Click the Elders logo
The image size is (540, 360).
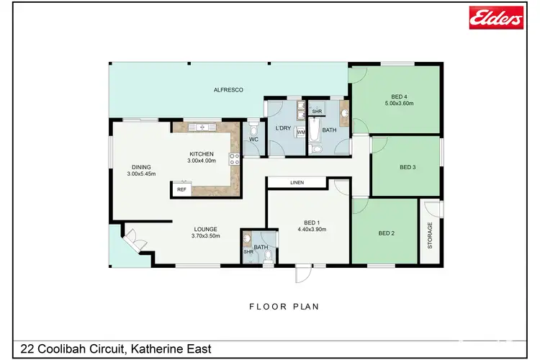[495, 18]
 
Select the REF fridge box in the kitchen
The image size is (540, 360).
[181, 189]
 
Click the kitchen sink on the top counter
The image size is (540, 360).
[202, 127]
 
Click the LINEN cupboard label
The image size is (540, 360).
[297, 183]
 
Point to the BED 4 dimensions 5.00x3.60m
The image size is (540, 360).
[398, 103]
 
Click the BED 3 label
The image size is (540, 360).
[408, 168]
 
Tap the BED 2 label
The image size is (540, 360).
[387, 233]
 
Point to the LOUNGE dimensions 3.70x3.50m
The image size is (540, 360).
[205, 235]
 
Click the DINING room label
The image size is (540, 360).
[140, 167]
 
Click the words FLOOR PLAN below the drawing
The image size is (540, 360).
[284, 306]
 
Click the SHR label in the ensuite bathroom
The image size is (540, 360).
[248, 251]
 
